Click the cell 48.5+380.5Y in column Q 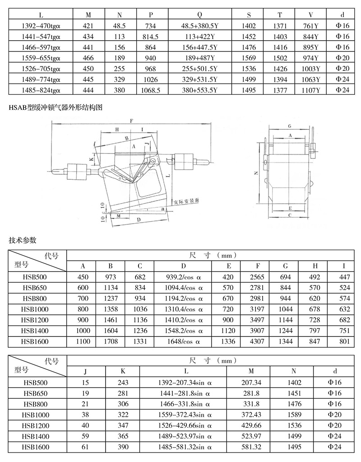tap(199, 26)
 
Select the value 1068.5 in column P tap(150, 90)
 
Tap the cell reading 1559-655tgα tap(41, 58)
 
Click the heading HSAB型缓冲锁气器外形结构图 tap(56, 107)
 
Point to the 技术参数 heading tap(23, 240)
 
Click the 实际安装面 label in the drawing tap(186, 201)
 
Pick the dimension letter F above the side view tap(132, 121)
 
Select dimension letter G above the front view tap(290, 126)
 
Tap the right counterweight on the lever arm tap(184, 162)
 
